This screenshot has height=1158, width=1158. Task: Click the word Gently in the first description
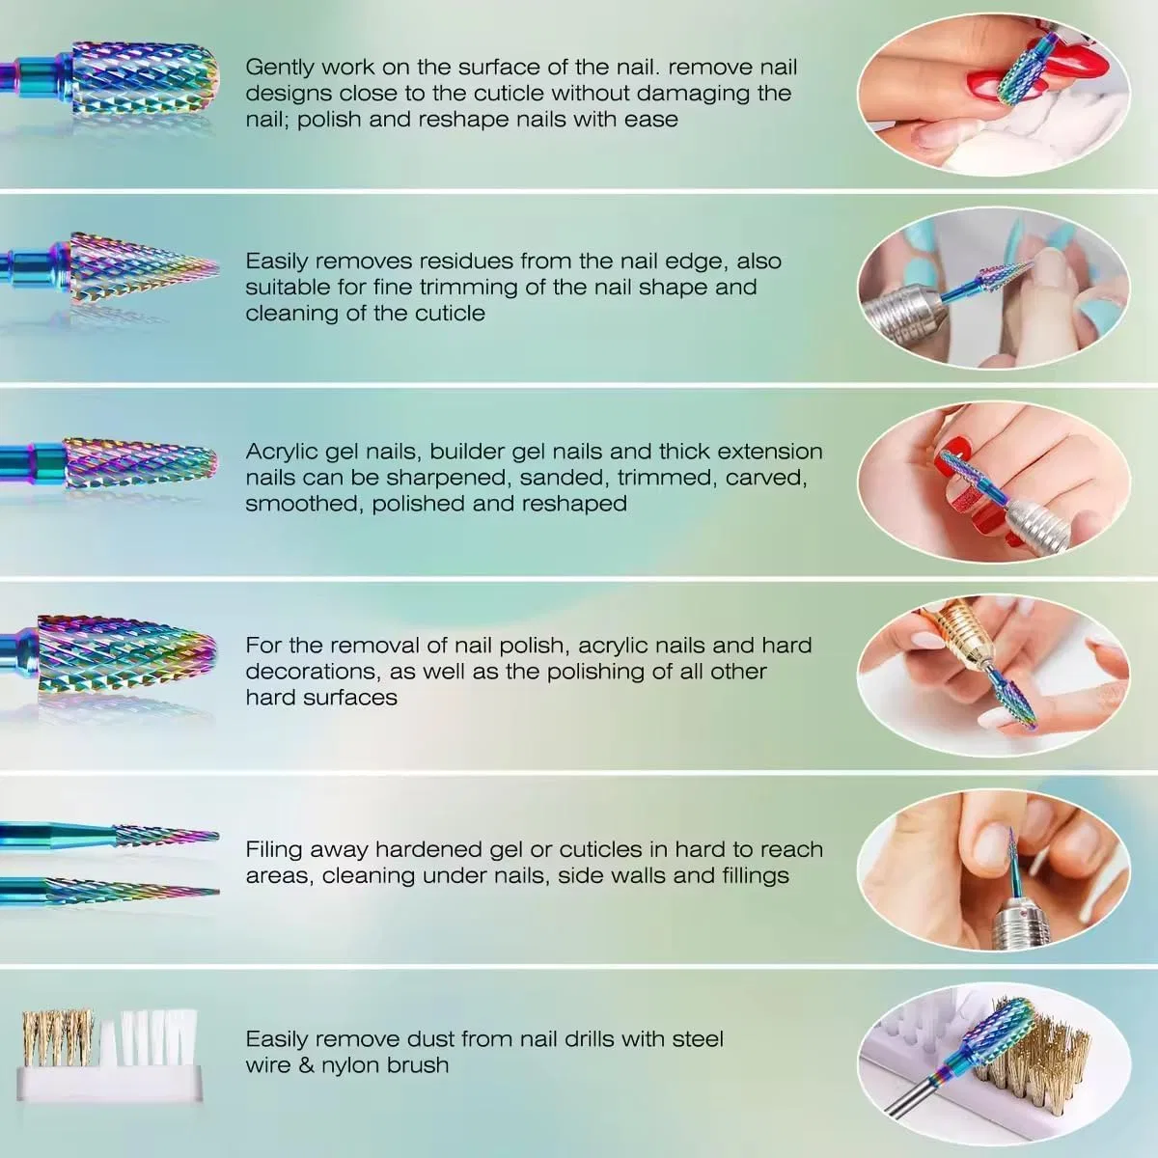point(278,68)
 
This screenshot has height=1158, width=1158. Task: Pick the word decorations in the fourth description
point(312,672)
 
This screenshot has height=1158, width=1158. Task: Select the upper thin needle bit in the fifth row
point(109,835)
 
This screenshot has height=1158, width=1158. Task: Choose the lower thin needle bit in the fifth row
point(109,888)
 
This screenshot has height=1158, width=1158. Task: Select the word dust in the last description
point(430,1039)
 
